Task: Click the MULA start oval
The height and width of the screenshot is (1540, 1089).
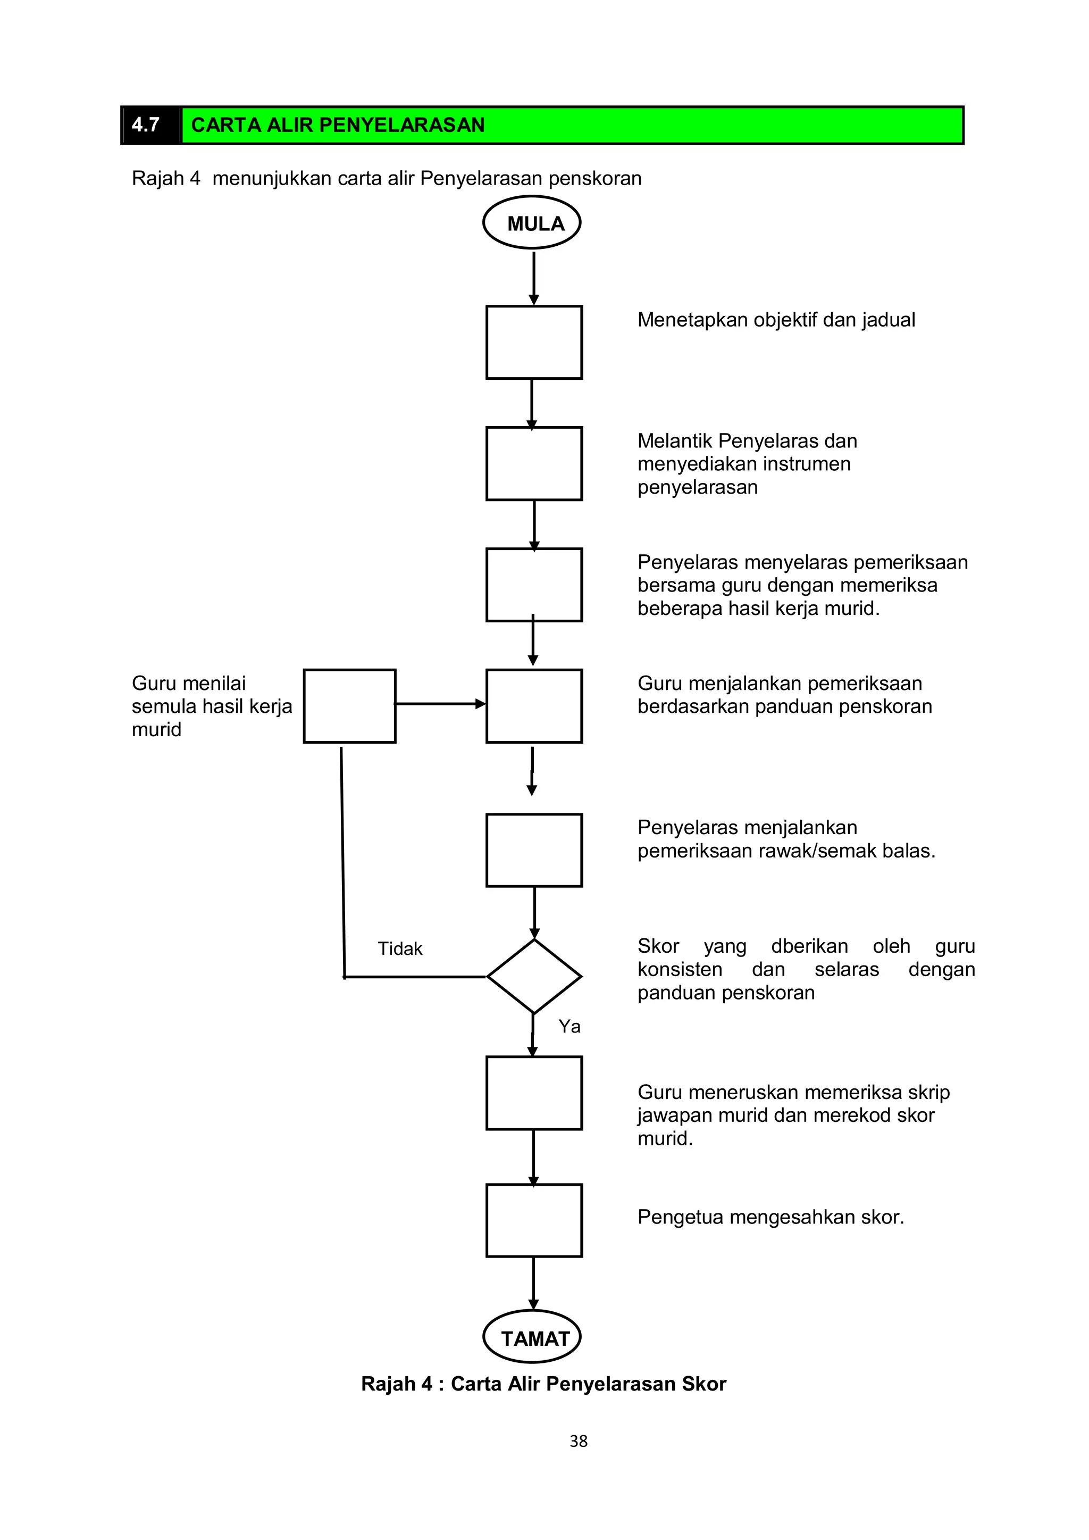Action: pos(532,223)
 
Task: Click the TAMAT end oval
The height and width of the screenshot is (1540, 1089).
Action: pos(532,1337)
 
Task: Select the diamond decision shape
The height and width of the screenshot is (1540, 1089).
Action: pos(534,976)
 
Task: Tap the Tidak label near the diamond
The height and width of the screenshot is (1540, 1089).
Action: pos(400,948)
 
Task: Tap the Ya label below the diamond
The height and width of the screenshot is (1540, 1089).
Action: pos(569,1026)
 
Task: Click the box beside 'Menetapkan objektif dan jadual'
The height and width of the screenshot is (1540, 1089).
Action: pos(534,342)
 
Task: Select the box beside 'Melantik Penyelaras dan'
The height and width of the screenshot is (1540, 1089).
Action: pos(534,463)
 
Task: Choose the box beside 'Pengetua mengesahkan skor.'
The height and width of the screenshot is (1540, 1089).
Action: pos(534,1220)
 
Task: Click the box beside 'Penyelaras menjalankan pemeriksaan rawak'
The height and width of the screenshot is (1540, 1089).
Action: pos(534,851)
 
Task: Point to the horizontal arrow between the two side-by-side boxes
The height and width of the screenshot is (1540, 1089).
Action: pos(440,704)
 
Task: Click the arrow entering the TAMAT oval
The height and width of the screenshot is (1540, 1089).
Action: pos(534,1283)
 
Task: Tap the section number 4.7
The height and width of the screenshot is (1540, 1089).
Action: pos(146,125)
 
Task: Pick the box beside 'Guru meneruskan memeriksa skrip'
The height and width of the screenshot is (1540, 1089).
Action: pos(534,1093)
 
